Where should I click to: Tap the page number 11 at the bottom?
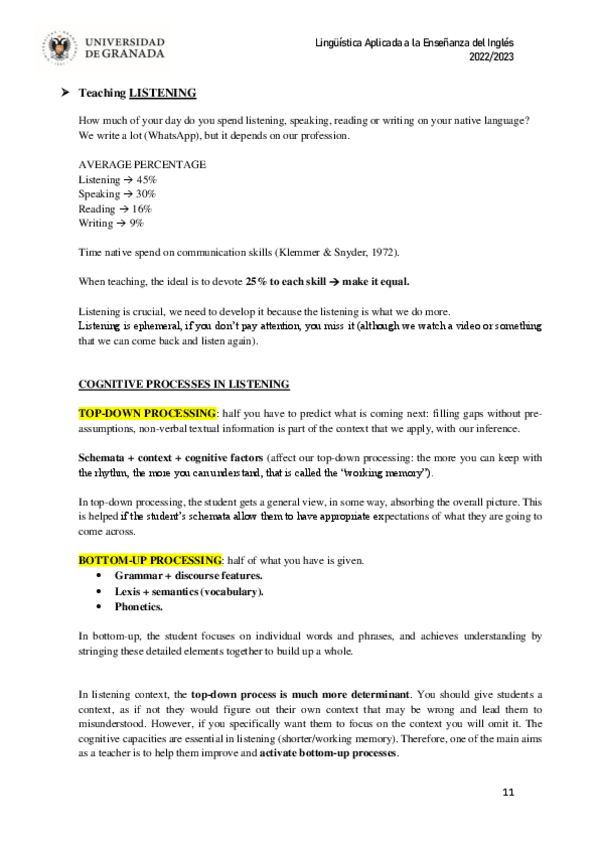tap(508, 792)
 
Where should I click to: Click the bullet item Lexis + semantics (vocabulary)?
tap(189, 591)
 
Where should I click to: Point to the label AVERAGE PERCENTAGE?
tap(142, 163)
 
